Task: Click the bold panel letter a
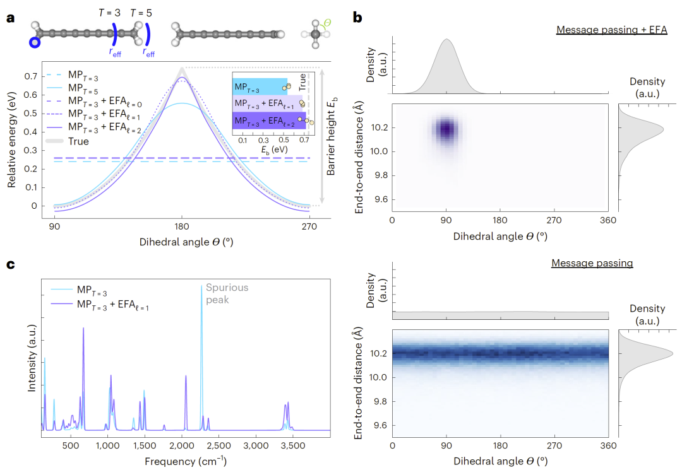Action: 10,18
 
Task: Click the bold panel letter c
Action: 10,264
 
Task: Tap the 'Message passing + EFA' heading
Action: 611,30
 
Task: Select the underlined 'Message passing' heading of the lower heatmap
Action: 592,263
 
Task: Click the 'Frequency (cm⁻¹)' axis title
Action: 185,461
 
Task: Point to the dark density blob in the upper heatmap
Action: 446,129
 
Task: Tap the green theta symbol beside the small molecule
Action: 326,25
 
